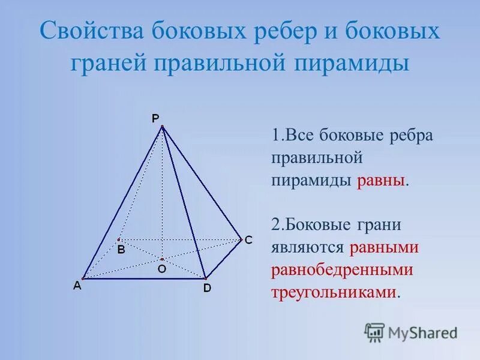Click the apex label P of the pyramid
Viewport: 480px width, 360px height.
click(155, 118)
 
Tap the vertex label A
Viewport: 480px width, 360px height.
click(77, 287)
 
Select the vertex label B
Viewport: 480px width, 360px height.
click(121, 250)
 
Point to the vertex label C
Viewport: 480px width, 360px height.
click(248, 239)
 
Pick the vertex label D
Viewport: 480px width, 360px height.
click(206, 288)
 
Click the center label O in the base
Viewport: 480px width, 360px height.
click(161, 270)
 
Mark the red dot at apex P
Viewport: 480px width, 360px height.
click(162, 126)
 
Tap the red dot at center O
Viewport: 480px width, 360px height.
click(162, 259)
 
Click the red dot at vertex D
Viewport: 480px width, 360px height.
click(205, 278)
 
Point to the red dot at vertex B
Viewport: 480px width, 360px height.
click(119, 239)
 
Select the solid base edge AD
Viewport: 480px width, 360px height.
click(144, 278)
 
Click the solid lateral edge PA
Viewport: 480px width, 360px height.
click(122, 202)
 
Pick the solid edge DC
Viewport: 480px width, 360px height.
click(223, 259)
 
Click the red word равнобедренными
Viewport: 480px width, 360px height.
click(343, 269)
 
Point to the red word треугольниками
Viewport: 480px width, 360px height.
click(334, 292)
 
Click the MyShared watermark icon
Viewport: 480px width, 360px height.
click(374, 332)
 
